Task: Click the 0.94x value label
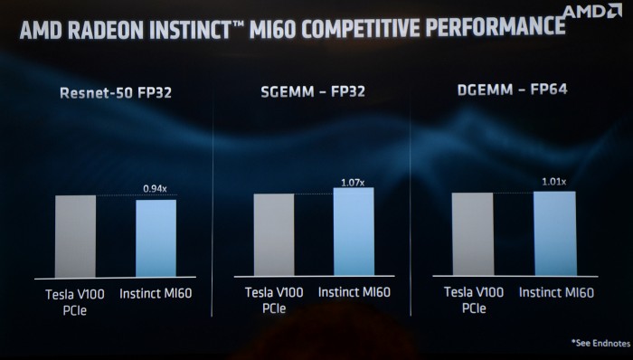click(156, 188)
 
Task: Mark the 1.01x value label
click(553, 182)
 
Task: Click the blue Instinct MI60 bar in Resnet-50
click(156, 238)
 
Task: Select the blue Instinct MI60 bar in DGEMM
click(553, 232)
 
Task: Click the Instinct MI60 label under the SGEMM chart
click(355, 292)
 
